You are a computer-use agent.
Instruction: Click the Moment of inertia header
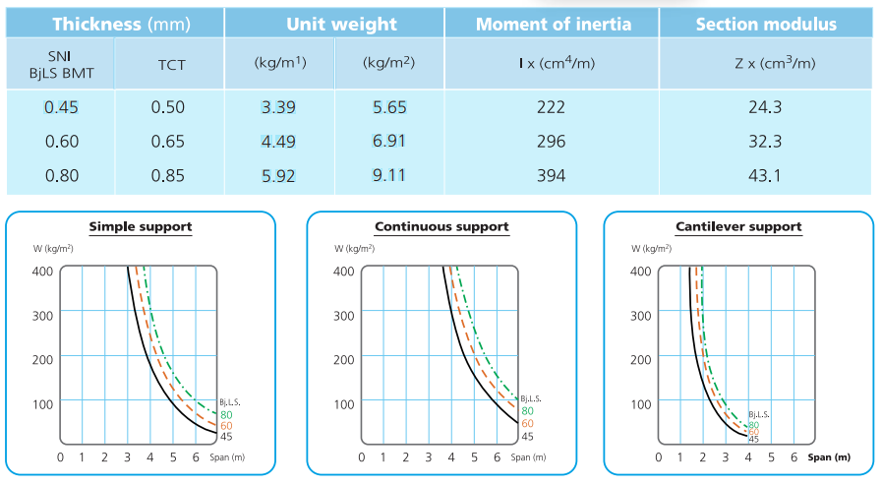[x=554, y=24]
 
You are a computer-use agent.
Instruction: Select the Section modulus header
[x=766, y=24]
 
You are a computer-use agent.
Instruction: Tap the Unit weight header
[x=335, y=24]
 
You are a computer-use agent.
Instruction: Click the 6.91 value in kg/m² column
[x=389, y=142]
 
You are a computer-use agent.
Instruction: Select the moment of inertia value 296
[x=552, y=142]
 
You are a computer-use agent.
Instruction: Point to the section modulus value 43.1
[x=765, y=176]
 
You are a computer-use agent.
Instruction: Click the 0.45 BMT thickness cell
[x=62, y=107]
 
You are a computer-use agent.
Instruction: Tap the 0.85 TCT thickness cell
[x=168, y=176]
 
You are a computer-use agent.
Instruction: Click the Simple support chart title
[x=141, y=227]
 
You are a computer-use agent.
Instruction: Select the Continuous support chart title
[x=441, y=227]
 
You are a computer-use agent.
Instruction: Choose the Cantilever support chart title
[x=738, y=227]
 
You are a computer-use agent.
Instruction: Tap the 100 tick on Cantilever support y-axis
[x=639, y=403]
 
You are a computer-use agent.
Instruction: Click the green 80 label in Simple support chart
[x=225, y=413]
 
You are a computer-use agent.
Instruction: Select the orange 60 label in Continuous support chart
[x=527, y=423]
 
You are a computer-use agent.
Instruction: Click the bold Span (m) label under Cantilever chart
[x=829, y=457]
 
